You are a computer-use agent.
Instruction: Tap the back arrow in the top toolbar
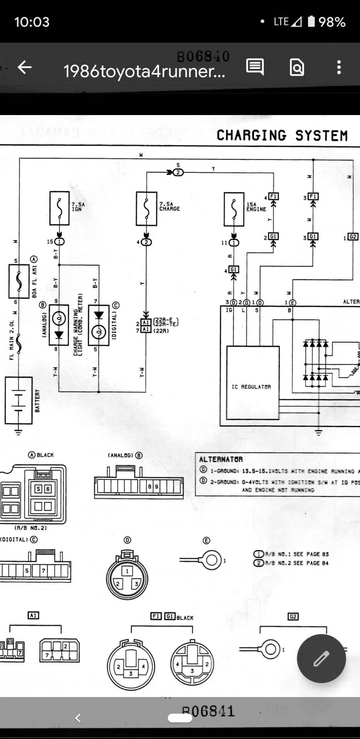click(x=25, y=68)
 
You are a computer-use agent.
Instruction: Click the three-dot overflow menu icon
click(x=339, y=67)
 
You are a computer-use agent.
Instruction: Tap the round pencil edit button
click(x=321, y=659)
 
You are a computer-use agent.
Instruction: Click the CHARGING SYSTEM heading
click(x=282, y=135)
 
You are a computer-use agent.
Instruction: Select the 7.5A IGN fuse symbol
click(x=59, y=208)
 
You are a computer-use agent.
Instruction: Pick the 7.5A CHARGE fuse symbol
click(x=146, y=208)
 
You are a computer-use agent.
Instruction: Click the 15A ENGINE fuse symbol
click(x=234, y=209)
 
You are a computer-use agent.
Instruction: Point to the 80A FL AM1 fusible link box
click(x=19, y=281)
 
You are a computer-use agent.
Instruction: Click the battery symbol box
click(x=18, y=401)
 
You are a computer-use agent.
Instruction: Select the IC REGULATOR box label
click(x=251, y=386)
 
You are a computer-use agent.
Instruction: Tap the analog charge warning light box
click(x=59, y=325)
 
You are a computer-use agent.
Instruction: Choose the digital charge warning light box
click(x=99, y=325)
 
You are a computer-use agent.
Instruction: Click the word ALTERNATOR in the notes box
click(x=221, y=459)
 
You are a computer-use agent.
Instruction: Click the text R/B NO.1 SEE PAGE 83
click(x=297, y=554)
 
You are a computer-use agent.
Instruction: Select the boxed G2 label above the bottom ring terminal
click(x=293, y=617)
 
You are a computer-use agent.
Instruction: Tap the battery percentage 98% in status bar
click(x=332, y=22)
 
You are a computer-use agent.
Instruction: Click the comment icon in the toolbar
click(x=255, y=67)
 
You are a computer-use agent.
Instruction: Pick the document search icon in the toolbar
click(x=297, y=67)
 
